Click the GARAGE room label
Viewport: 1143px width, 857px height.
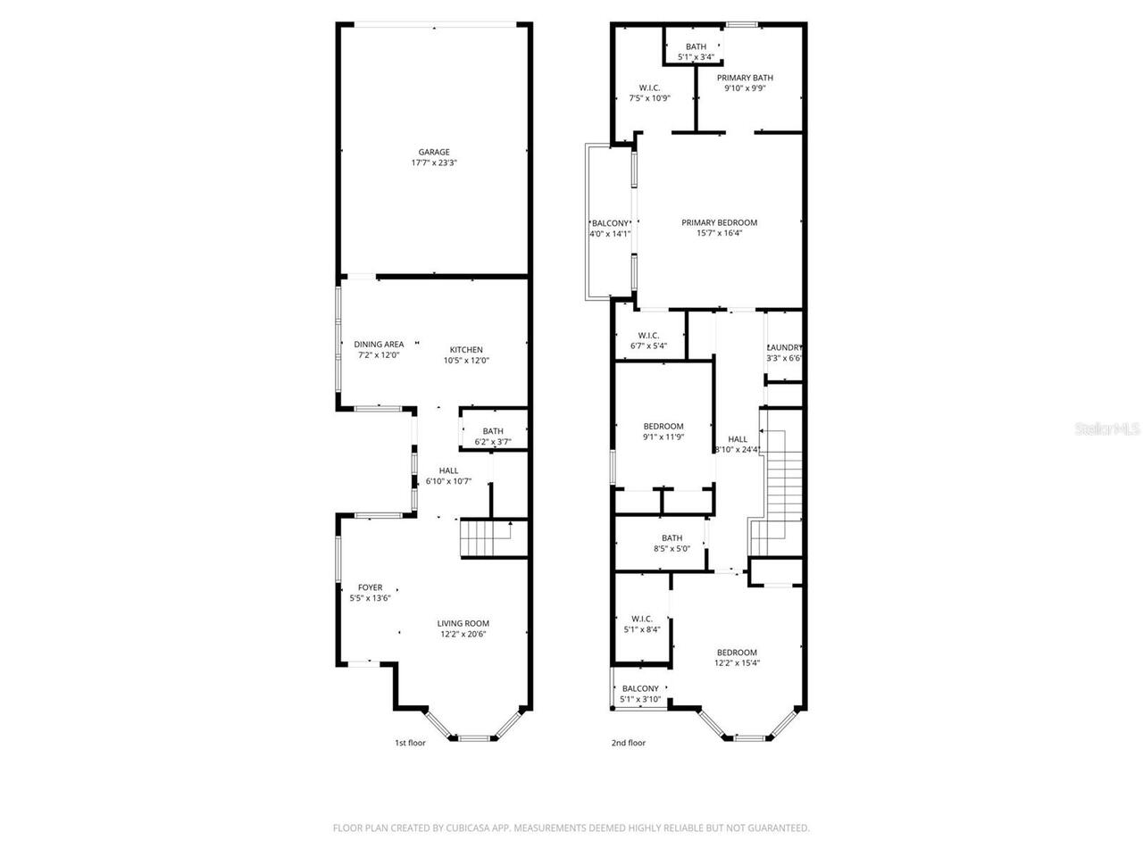[x=434, y=152]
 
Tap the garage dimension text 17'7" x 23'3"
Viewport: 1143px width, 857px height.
[x=434, y=163]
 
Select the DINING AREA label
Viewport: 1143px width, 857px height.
[x=379, y=344]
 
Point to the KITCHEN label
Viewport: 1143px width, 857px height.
[x=466, y=350]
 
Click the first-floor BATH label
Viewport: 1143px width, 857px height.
[x=493, y=431]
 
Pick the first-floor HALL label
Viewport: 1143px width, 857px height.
[x=448, y=470]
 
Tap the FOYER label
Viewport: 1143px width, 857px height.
[x=370, y=587]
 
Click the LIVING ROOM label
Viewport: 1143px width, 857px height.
[x=463, y=623]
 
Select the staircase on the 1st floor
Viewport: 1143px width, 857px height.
[x=485, y=537]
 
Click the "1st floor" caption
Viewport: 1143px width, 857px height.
[x=411, y=743]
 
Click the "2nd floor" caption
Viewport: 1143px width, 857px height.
[x=628, y=743]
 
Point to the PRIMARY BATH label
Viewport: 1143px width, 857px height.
[x=745, y=78]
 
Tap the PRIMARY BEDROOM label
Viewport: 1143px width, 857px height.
[x=719, y=222]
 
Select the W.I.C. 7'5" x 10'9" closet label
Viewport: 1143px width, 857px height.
[x=649, y=87]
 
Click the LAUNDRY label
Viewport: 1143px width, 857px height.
[x=785, y=347]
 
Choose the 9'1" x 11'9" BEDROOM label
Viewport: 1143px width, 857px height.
[x=663, y=426]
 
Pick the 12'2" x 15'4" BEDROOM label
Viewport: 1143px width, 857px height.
[x=737, y=653]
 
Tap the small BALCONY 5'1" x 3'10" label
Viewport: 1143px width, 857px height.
[x=640, y=688]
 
